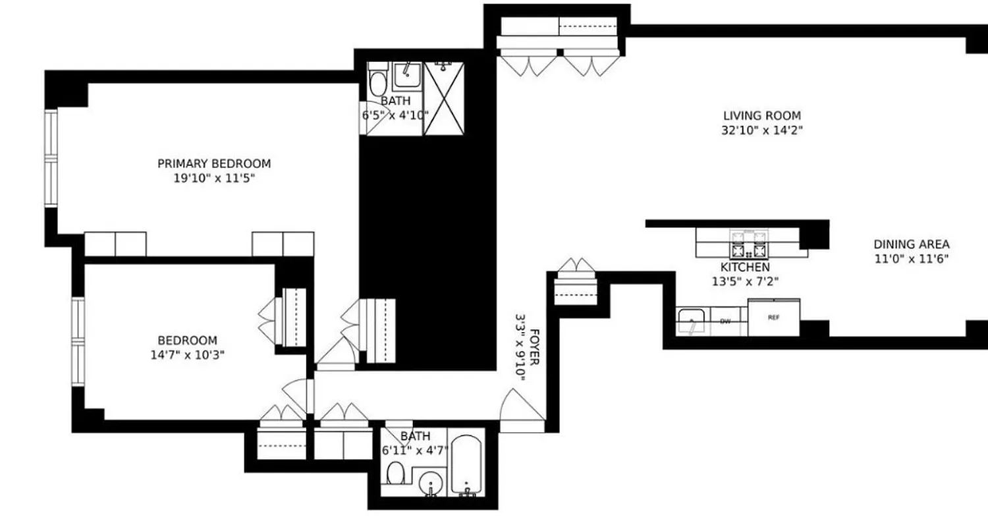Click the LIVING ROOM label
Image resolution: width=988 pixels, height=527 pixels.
762,116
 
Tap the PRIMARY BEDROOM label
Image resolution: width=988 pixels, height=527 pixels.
214,163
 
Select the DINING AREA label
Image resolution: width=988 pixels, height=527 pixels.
912,244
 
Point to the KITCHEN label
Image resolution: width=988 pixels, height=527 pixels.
744,267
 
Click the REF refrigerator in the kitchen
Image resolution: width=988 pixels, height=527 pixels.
774,318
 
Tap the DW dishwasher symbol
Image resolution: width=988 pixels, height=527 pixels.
725,321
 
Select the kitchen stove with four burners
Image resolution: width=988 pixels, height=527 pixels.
750,244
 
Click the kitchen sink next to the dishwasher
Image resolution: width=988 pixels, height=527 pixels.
692,321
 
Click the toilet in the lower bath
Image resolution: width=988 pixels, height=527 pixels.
395,472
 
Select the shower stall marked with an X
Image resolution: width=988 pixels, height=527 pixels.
443,99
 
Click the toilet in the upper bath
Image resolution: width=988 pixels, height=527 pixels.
378,83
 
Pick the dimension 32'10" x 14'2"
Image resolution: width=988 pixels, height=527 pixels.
762,130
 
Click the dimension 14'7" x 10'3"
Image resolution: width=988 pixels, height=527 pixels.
187,354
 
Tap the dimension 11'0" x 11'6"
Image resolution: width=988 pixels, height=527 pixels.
912,259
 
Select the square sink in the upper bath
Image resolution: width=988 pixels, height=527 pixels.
408,76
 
